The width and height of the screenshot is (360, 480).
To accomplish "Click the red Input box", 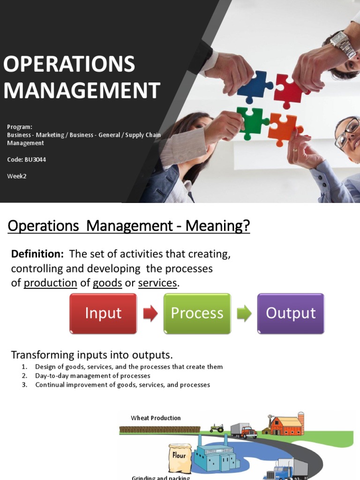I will (103, 313).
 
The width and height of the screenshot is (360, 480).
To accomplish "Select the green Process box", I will (197, 313).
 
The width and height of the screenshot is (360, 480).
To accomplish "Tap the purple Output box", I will (291, 313).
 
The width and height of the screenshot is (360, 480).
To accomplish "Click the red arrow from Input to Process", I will (150, 314).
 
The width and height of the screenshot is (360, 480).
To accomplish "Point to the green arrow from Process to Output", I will (244, 314).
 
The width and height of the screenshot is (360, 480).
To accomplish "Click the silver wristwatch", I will (344, 45).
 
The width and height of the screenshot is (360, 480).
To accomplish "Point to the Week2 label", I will (16, 176).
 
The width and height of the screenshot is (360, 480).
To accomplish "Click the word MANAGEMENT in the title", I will (82, 90).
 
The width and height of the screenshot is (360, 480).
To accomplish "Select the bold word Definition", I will (37, 254).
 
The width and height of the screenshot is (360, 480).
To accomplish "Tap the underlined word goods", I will (107, 283).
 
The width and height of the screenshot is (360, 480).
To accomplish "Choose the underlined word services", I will (157, 283).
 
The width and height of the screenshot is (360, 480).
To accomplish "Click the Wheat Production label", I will (156, 418).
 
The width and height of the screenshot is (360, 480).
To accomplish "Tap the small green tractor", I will (217, 428).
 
